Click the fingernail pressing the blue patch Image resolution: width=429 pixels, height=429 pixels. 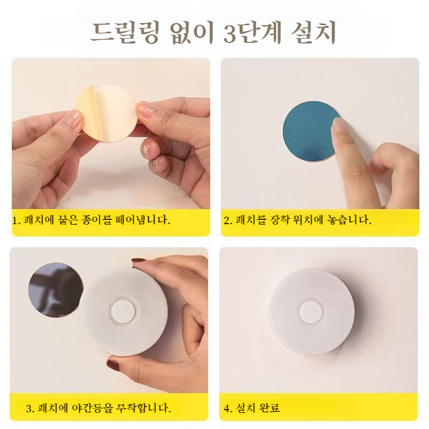(338, 124)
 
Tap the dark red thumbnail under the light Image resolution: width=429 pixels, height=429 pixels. (114, 366)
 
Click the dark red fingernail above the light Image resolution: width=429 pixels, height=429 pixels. (139, 262)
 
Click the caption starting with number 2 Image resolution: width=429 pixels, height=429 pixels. (298, 220)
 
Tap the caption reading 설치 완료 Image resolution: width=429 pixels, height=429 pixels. (252, 409)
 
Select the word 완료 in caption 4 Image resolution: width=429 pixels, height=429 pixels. (269, 409)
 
